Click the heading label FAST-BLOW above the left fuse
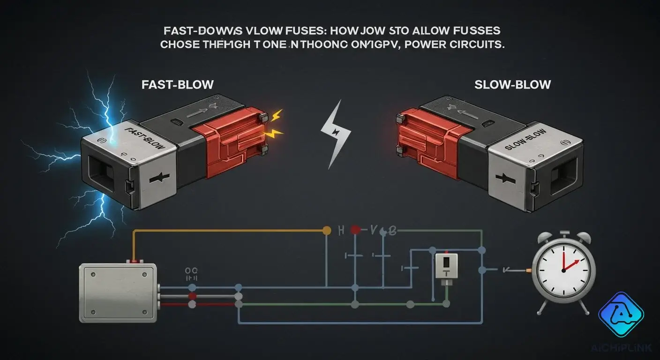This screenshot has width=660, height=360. tap(178, 85)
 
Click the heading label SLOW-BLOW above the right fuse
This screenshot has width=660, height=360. tap(512, 85)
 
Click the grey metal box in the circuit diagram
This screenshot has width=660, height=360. tap(119, 292)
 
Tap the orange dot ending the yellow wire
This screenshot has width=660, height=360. tap(326, 230)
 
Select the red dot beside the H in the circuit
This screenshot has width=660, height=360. tap(355, 230)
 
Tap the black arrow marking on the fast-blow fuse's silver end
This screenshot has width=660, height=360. tap(156, 180)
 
